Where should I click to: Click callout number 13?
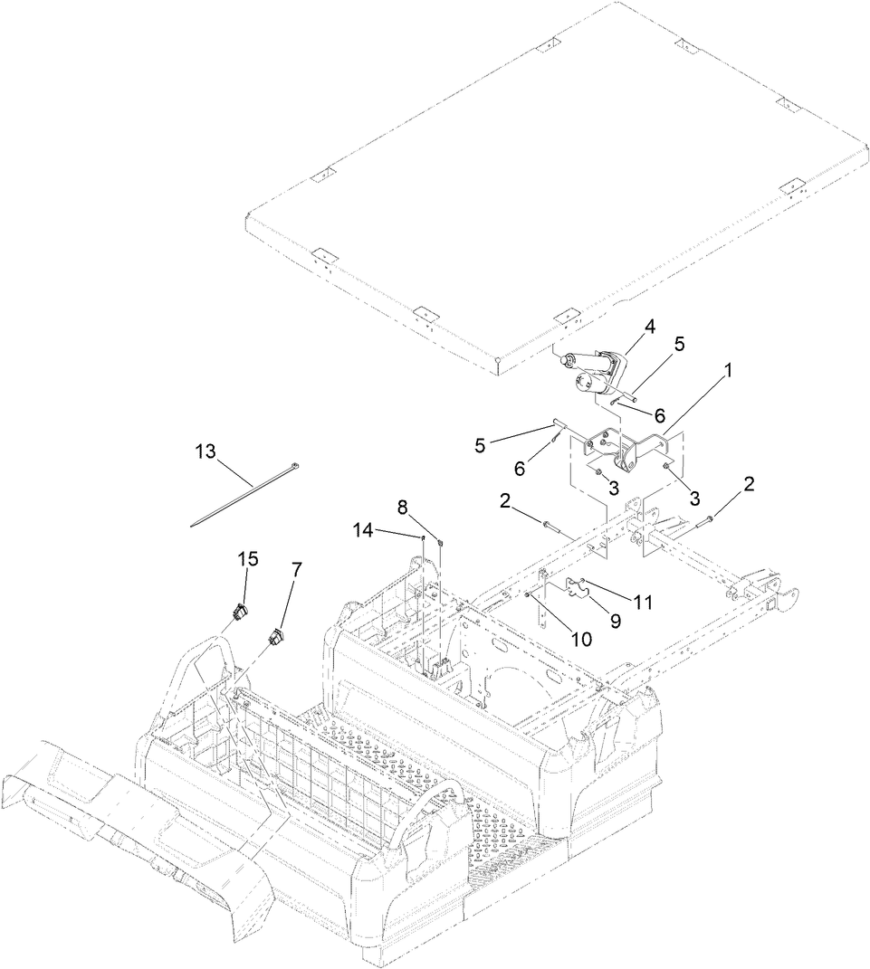coord(206,451)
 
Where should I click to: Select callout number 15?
coord(248,560)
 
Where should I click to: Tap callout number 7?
coord(296,569)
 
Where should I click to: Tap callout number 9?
coord(616,622)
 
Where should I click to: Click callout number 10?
coord(580,639)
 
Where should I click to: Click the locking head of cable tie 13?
coord(293,468)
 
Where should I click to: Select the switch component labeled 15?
coord(239,613)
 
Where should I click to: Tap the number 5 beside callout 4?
coord(679,344)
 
